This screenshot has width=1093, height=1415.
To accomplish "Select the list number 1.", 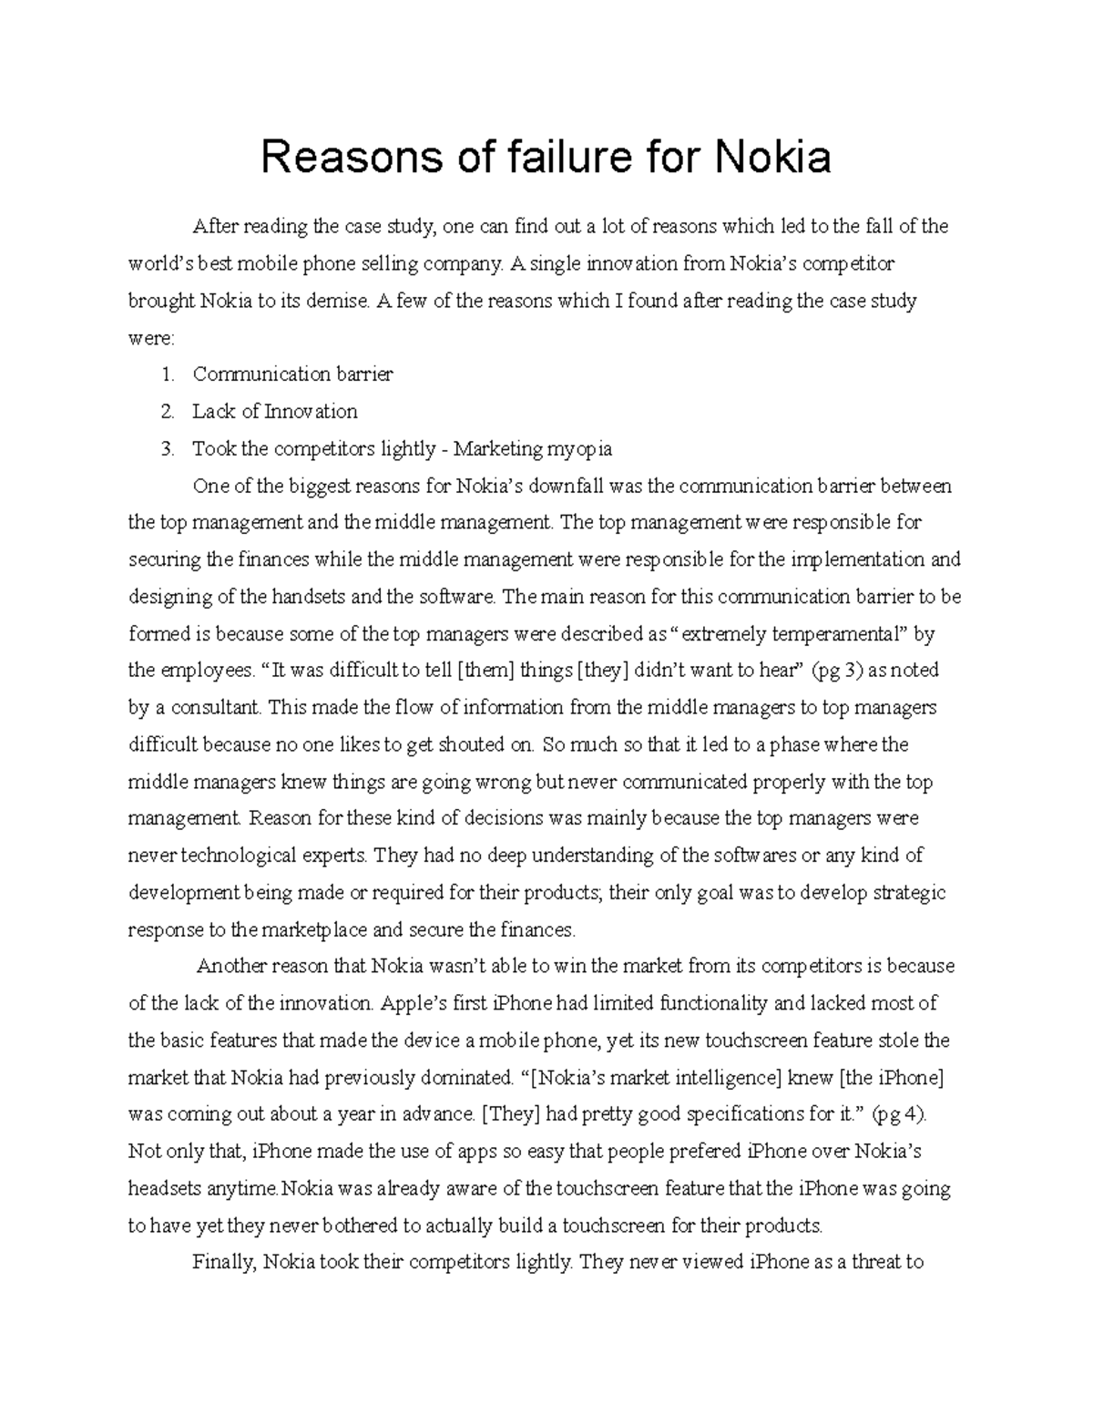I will (166, 374).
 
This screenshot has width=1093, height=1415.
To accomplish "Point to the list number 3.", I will (166, 449).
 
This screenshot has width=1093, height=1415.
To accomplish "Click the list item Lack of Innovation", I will (274, 412).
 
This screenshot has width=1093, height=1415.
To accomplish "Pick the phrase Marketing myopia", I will (533, 449).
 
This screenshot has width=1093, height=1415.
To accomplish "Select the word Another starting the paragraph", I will (235, 967).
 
